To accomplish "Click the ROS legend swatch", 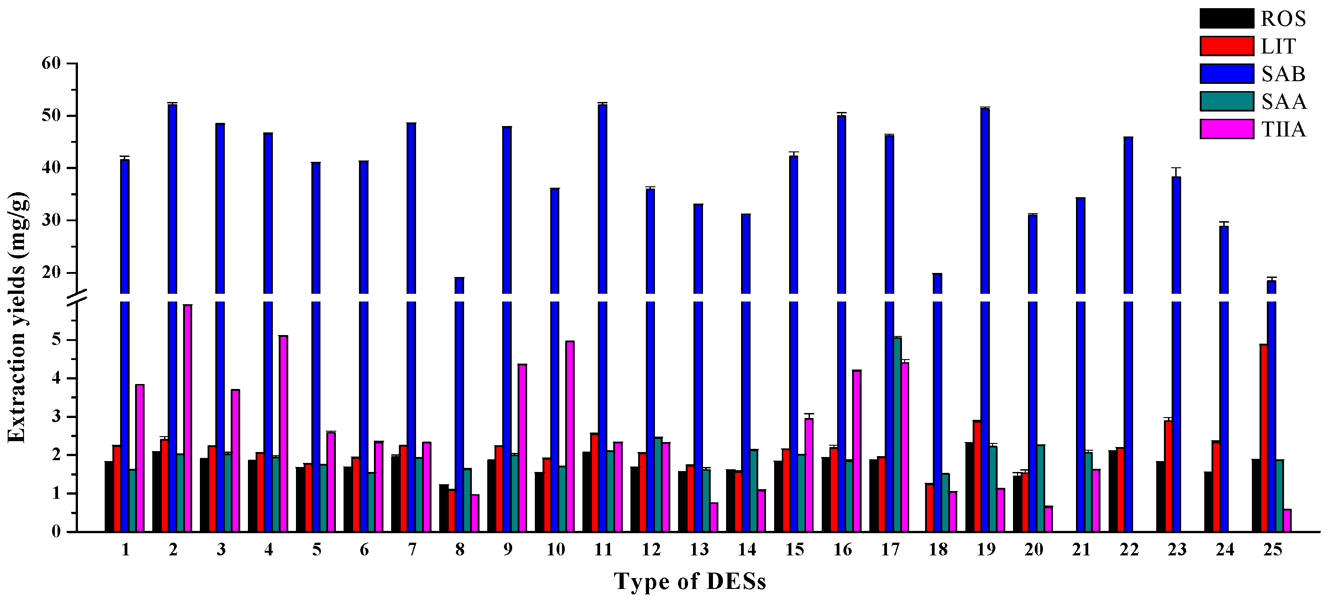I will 1226,19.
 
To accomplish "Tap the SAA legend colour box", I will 1226,101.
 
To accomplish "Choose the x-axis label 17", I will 890,550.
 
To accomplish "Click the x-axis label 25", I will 1272,550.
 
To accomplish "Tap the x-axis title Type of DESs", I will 690,582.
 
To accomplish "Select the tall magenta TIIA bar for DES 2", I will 188,418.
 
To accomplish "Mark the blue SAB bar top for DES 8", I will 459,278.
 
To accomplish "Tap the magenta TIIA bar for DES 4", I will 283,433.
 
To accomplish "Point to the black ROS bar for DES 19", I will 969,487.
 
